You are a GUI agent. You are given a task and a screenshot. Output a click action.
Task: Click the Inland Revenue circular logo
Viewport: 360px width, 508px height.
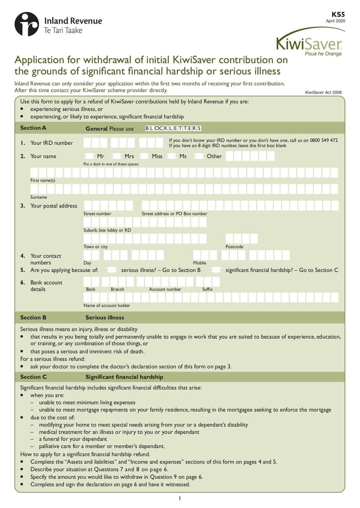point(27,24)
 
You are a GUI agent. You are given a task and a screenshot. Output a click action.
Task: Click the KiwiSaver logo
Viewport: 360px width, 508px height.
point(310,43)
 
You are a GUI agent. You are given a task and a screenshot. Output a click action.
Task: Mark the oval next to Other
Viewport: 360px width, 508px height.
point(199,156)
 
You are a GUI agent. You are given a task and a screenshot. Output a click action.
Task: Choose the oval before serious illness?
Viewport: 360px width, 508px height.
point(112,270)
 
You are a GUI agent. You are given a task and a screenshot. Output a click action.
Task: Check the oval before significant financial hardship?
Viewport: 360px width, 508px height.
point(216,270)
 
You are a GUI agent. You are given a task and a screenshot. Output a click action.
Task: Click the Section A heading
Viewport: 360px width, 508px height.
point(33,128)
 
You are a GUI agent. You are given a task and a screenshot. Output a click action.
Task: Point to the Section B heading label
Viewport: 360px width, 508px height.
point(33,317)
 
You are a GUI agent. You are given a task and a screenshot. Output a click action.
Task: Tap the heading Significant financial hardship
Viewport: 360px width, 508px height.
point(124,377)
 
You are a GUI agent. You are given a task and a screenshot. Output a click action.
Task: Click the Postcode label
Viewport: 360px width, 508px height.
point(234,247)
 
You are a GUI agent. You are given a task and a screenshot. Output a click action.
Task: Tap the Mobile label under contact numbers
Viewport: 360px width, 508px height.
point(199,263)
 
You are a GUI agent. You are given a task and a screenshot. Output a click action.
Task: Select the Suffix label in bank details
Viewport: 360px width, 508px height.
point(207,290)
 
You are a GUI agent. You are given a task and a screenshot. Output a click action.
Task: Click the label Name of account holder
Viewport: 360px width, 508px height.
point(107,306)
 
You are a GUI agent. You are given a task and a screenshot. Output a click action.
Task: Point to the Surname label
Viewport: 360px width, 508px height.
point(39,197)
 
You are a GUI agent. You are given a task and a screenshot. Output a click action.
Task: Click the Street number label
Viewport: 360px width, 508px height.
point(97,214)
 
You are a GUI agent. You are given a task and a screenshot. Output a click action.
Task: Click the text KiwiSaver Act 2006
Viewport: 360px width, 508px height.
point(323,93)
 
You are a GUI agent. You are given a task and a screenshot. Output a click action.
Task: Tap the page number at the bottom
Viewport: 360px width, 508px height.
point(180,498)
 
